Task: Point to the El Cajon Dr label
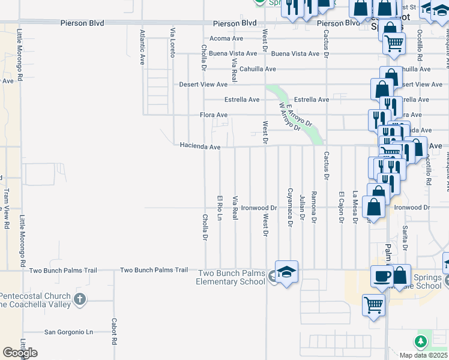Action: click(x=341, y=207)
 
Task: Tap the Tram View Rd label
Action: click(x=7, y=208)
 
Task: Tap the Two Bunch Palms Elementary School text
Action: click(x=232, y=277)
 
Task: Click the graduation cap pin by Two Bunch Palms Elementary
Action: click(x=287, y=271)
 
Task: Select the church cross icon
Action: click(x=81, y=298)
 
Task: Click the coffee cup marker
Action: click(x=382, y=277)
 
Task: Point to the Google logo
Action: click(x=20, y=353)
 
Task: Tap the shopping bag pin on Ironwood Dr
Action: click(x=374, y=208)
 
